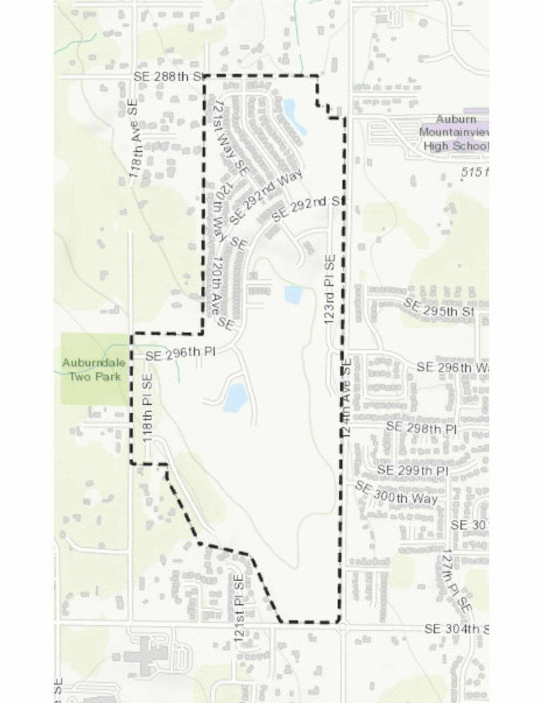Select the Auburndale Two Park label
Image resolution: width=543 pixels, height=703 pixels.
point(93,369)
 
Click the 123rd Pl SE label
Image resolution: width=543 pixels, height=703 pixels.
point(330,290)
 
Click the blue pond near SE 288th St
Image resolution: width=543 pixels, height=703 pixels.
point(294,117)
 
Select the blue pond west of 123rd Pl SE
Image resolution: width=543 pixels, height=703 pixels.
point(292,294)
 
